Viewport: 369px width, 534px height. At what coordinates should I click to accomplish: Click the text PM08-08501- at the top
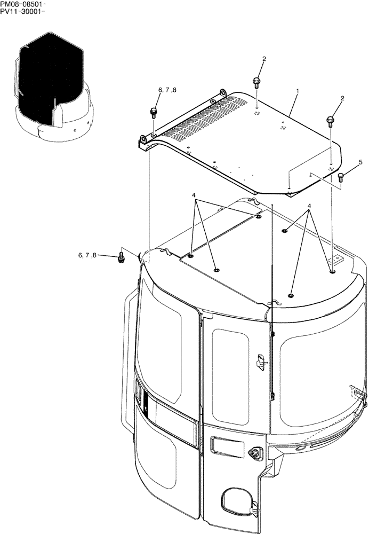[x=22, y=4]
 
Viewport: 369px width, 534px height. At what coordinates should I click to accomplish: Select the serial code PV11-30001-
[x=22, y=12]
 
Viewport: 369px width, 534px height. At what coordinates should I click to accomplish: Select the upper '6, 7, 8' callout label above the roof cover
[x=166, y=91]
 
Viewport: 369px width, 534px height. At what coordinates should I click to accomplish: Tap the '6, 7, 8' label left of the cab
[x=87, y=256]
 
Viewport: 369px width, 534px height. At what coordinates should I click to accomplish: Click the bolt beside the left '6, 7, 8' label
[x=120, y=258]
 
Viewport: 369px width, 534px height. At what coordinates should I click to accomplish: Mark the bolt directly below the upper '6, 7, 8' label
[x=154, y=113]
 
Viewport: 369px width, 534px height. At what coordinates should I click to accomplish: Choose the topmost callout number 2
[x=263, y=59]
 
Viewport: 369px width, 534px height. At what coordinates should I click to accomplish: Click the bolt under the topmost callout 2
[x=256, y=81]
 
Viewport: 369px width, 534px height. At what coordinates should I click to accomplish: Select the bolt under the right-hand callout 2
[x=331, y=121]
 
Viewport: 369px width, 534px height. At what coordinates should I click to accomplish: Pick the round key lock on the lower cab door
[x=254, y=454]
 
